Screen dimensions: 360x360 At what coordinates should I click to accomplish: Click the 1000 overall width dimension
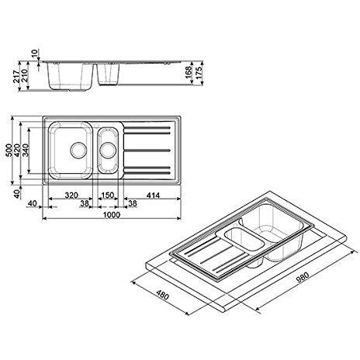(x=112, y=215)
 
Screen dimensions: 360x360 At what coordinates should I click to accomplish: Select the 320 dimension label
(x=71, y=196)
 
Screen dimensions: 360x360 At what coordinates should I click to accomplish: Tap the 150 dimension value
(x=108, y=196)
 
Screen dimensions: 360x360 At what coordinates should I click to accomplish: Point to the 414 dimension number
(x=153, y=196)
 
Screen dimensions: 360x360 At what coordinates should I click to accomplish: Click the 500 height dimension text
(x=9, y=150)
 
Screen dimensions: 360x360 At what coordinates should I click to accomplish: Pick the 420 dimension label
(x=17, y=150)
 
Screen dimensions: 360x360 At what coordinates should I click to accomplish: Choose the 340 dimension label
(x=26, y=150)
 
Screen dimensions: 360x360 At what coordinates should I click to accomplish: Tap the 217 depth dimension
(x=17, y=76)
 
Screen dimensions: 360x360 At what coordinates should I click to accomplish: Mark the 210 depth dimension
(x=25, y=75)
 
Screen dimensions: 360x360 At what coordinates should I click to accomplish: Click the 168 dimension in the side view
(x=189, y=73)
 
